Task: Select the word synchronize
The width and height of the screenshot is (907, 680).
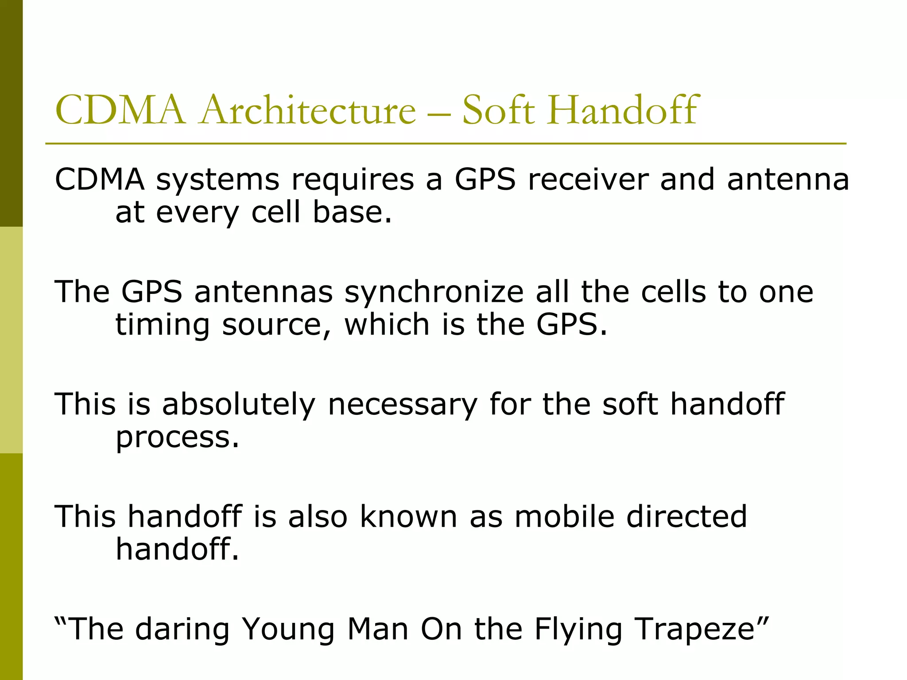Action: pos(434,293)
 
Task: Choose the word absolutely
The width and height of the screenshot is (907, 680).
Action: pos(239,405)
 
